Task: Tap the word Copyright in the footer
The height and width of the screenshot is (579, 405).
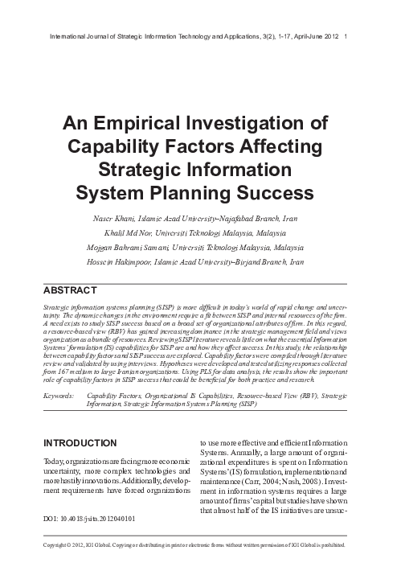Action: pos(59,566)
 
